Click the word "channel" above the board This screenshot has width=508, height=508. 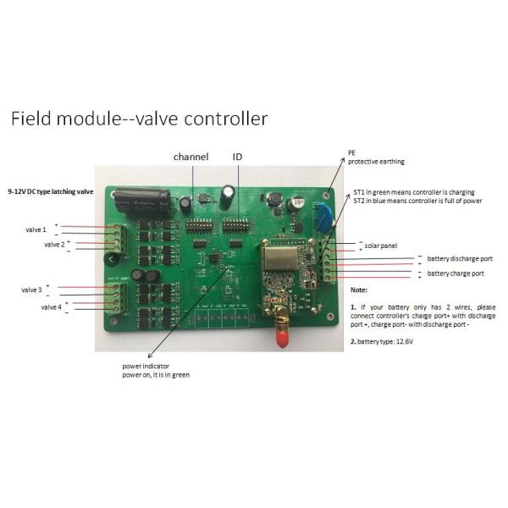[190, 157]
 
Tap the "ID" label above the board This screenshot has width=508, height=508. [238, 157]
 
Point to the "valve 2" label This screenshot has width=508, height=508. [54, 244]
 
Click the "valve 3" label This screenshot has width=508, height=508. [33, 290]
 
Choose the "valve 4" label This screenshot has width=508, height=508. [49, 306]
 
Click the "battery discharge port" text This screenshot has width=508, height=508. [459, 258]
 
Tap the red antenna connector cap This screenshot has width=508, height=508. [276, 340]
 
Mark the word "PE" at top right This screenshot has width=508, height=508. [352, 153]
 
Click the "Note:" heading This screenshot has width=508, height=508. [359, 290]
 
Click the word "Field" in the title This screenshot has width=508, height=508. [33, 119]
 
